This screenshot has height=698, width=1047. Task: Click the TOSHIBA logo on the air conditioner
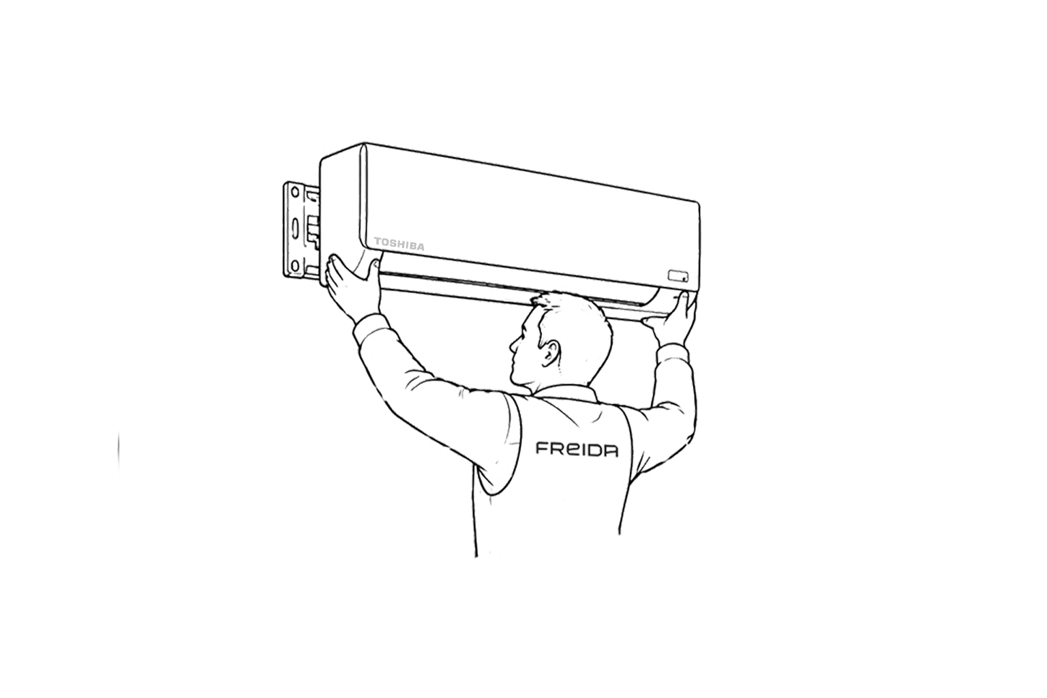[399, 244]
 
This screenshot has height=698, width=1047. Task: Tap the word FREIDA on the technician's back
[577, 449]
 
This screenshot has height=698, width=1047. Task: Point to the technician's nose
[513, 345]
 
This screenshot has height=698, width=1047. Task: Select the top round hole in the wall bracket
[294, 192]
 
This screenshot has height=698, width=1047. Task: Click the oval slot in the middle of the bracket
[295, 228]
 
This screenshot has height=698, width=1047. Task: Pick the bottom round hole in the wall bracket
[294, 266]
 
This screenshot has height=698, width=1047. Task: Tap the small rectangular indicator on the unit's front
[678, 276]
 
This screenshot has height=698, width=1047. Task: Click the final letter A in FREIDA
[611, 451]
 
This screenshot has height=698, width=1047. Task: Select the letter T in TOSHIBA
[378, 241]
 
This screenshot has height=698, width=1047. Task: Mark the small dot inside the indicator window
[684, 279]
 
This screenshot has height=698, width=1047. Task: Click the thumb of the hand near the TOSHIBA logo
[374, 276]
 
